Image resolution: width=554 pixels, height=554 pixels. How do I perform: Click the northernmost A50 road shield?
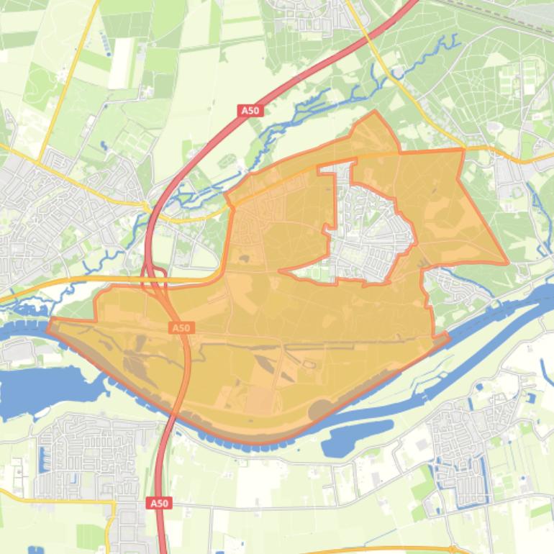(x=250, y=111)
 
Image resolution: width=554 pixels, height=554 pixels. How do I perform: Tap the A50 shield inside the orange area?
(x=181, y=328)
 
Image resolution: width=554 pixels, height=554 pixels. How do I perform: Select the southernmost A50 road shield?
(x=159, y=504)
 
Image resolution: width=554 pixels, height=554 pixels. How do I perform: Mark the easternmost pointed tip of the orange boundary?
(x=508, y=264)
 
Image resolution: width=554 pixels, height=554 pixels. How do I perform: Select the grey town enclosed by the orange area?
(x=367, y=230)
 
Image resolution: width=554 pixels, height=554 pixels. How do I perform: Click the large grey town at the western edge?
(x=50, y=216)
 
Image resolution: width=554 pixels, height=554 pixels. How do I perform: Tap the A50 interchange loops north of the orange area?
(x=155, y=276)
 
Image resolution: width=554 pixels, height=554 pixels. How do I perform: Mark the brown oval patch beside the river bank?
(x=320, y=409)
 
